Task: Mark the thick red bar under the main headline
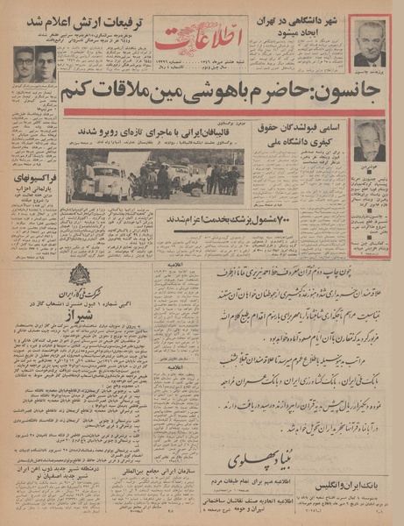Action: [x=202, y=114]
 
